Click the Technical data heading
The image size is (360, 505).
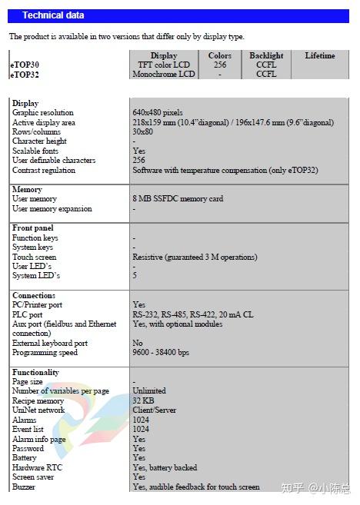coord(53,15)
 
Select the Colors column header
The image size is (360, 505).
coord(219,55)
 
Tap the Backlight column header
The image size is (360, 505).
coord(266,55)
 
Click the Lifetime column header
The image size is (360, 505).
coord(319,55)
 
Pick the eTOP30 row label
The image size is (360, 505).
coord(25,65)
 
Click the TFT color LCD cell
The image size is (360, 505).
coord(163,65)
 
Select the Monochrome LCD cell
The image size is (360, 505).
coord(163,74)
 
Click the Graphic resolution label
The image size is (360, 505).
coord(43,113)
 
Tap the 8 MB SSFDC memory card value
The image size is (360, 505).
coord(178,198)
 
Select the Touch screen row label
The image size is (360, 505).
coord(35,257)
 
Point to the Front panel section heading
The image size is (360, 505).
coord(33,228)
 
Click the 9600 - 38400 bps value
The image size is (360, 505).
coord(161,353)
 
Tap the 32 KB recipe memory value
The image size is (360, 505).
coord(143,400)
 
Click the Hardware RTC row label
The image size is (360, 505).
coord(38,467)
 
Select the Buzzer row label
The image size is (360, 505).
coord(25,487)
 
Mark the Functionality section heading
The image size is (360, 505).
coord(35,372)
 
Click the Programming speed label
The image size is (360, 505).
coord(45,353)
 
